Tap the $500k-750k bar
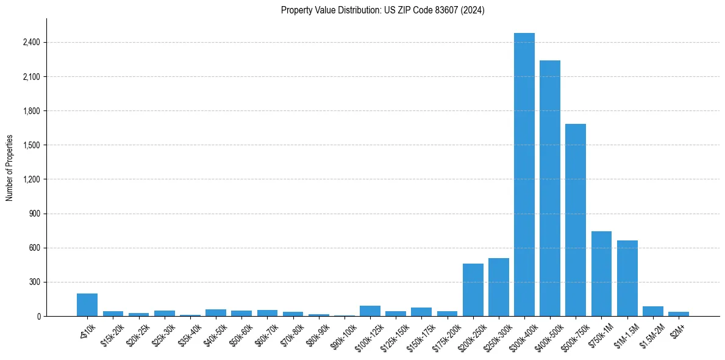pyautogui.click(x=576, y=220)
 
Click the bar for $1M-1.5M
pyautogui.click(x=627, y=278)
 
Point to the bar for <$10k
pyautogui.click(x=87, y=304)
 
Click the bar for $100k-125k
pyautogui.click(x=370, y=311)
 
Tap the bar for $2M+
pyautogui.click(x=679, y=314)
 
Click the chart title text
pyautogui.click(x=383, y=10)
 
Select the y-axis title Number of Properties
pyautogui.click(x=10, y=168)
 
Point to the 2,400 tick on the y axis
pyautogui.click(x=31, y=43)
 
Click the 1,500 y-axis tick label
pyautogui.click(x=31, y=145)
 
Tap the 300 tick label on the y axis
pyautogui.click(x=34, y=283)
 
